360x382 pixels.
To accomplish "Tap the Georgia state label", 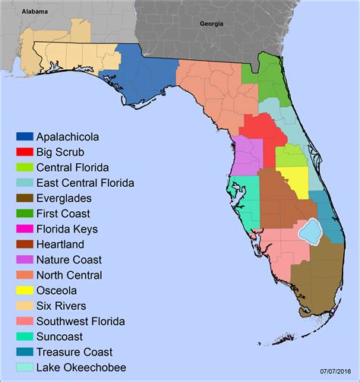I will (212, 24).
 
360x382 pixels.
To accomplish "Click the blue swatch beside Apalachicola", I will (25, 137).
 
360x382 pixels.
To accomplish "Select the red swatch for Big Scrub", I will (25, 152).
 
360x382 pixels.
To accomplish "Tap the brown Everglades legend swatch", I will (25, 198).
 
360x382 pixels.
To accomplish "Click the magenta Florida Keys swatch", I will (25, 229).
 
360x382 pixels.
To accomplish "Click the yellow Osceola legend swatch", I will (25, 290).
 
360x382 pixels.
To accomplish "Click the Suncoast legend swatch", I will (25, 336).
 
